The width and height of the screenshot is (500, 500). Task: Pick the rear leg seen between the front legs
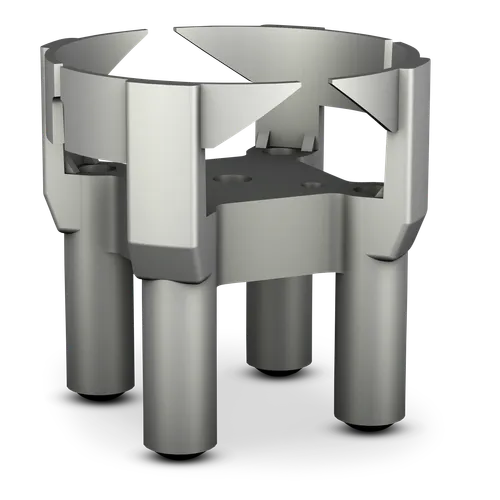(280, 320)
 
